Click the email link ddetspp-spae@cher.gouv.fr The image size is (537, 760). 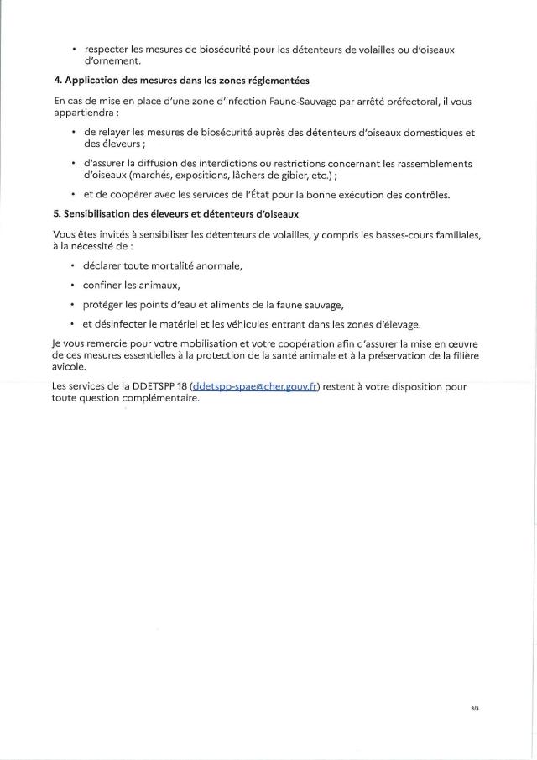(x=255, y=387)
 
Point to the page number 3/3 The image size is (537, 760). (x=475, y=709)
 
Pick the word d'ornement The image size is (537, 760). (x=112, y=61)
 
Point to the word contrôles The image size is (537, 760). (x=425, y=195)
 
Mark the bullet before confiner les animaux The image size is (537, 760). (x=75, y=285)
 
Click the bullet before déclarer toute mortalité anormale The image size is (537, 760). (x=75, y=265)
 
